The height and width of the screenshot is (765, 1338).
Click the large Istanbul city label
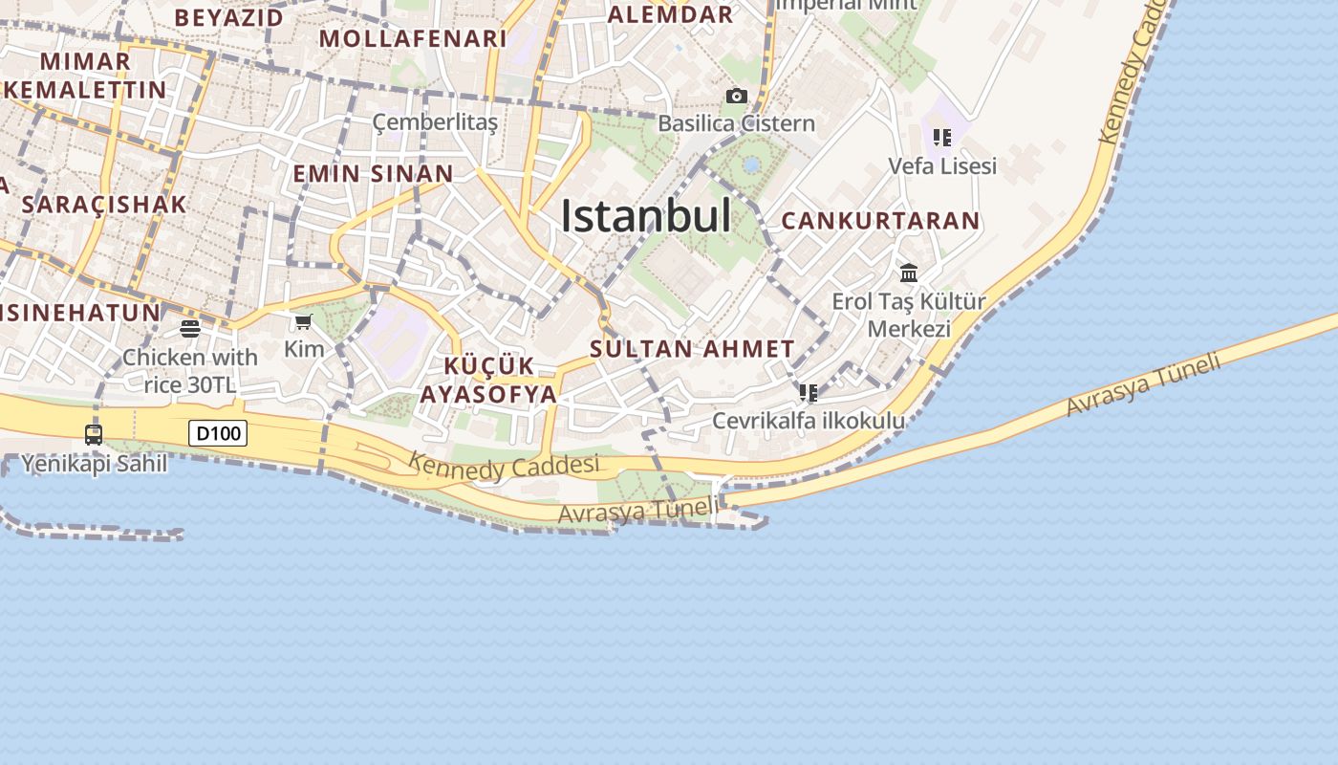click(x=645, y=216)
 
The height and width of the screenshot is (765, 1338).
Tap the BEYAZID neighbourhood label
click(x=229, y=17)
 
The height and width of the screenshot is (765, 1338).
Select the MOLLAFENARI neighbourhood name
click(x=413, y=39)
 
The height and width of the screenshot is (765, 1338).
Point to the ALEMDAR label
click(x=670, y=14)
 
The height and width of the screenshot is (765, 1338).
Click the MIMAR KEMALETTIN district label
click(x=86, y=76)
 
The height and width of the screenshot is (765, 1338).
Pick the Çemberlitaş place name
click(x=435, y=122)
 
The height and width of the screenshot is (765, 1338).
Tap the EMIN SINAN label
click(x=373, y=174)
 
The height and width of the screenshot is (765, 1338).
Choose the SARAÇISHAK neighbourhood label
click(x=103, y=205)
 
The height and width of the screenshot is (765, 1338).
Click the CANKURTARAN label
click(x=880, y=221)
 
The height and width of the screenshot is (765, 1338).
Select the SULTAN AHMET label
click(x=692, y=349)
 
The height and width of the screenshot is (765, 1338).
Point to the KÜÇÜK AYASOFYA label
click(x=488, y=381)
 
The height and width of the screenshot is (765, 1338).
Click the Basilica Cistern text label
click(x=736, y=123)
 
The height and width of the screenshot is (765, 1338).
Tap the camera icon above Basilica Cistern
click(x=736, y=96)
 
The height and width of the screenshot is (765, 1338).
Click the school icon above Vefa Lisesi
click(x=942, y=138)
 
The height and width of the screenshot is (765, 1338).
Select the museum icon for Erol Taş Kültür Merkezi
click(x=909, y=273)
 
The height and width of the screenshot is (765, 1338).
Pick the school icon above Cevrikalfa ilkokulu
click(x=809, y=392)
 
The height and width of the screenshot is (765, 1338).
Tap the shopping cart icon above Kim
click(x=304, y=321)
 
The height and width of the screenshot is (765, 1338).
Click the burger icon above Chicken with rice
click(x=190, y=329)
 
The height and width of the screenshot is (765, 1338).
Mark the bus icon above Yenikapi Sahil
click(x=94, y=434)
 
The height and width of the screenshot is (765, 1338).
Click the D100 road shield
click(x=218, y=433)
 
